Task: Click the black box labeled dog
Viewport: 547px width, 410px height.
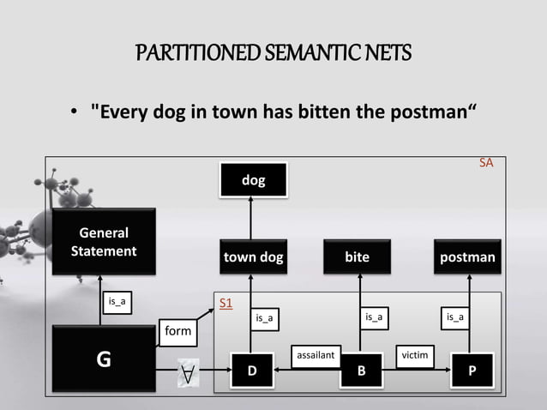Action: [253, 180]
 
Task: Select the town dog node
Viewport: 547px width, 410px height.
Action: [253, 256]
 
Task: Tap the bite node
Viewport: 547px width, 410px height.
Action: [358, 256]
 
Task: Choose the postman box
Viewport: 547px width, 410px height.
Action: [467, 256]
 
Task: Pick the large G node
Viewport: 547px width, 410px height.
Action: [104, 359]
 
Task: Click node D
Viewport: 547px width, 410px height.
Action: [252, 371]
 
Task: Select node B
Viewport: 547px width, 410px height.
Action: [361, 371]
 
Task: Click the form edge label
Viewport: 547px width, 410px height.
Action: [179, 331]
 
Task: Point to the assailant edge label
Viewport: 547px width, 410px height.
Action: [316, 353]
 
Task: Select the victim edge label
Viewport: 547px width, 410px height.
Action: [415, 353]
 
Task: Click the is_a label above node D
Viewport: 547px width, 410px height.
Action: [265, 318]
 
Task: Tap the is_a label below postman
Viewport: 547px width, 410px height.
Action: [455, 317]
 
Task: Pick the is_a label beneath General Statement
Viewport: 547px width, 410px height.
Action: [116, 301]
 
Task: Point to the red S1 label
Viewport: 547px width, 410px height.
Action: [226, 304]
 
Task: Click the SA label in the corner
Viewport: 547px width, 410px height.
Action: [486, 161]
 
